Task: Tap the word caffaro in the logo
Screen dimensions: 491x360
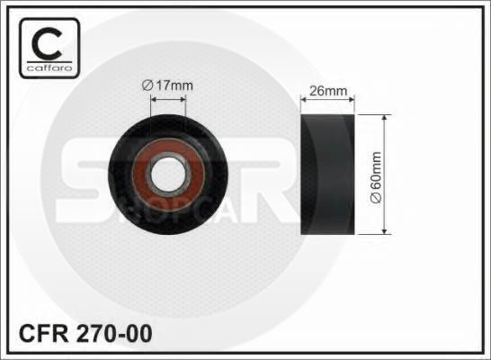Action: [x=49, y=68]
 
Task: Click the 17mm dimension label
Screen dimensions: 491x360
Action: [x=167, y=85]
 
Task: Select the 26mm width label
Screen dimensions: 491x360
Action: [x=328, y=91]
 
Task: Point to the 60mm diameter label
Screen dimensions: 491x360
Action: [x=376, y=177]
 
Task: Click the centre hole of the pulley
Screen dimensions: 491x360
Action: [x=168, y=175]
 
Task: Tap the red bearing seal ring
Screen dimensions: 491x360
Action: [x=168, y=175]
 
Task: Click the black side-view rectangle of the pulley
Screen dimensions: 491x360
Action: [x=327, y=175]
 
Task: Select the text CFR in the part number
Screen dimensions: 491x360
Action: [x=43, y=334]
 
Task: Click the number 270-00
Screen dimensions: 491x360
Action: [x=114, y=334]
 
